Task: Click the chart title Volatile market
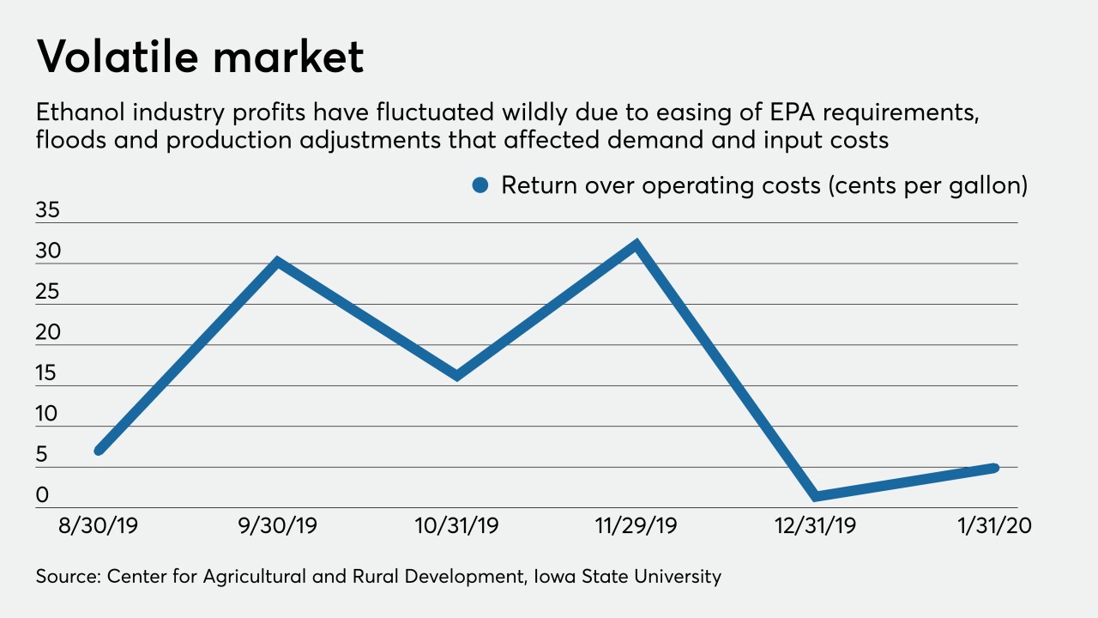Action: click(200, 58)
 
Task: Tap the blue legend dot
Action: click(481, 185)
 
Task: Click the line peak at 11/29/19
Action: click(636, 244)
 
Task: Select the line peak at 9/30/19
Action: click(278, 261)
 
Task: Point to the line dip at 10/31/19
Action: click(457, 375)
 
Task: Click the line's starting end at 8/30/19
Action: click(100, 449)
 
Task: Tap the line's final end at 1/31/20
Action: click(994, 468)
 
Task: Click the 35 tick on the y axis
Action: click(48, 211)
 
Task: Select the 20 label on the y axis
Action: click(48, 333)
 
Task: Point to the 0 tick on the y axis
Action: click(42, 496)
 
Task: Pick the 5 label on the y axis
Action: click(42, 455)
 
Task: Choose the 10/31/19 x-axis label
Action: click(457, 526)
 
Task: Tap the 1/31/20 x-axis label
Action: click(994, 526)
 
